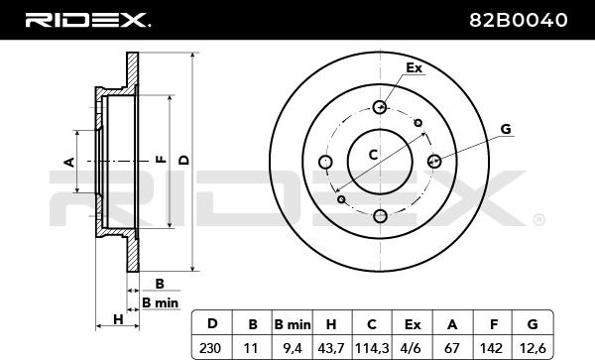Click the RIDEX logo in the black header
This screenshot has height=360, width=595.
[x=87, y=20]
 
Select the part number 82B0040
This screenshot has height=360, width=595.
[x=519, y=20]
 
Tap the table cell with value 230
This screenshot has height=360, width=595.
[x=210, y=347]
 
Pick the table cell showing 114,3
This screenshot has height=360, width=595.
[x=372, y=347]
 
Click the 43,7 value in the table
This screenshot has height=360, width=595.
[x=331, y=347]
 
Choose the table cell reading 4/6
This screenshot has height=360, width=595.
[x=413, y=347]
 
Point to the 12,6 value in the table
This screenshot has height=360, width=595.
[x=533, y=347]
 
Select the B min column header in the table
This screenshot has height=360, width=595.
[x=293, y=324]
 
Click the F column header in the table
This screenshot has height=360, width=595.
[x=493, y=324]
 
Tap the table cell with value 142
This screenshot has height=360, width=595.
[x=492, y=347]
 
